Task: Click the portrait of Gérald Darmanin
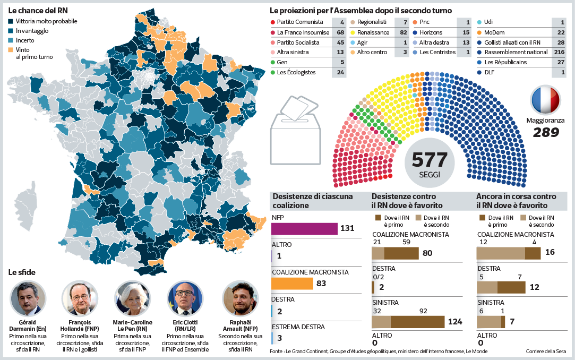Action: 28,298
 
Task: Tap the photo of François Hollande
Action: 80,298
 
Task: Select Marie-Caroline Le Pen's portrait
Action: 133,298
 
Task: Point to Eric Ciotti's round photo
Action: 185,298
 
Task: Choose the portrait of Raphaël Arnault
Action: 240,298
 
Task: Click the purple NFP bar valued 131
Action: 304,229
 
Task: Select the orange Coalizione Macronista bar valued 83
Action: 292,284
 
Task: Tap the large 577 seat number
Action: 430,160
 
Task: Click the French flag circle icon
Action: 546,100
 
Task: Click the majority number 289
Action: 546,132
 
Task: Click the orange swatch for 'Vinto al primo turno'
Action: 11,49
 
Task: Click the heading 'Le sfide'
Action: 22,272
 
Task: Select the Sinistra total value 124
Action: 455,322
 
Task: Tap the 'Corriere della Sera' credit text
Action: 546,352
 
